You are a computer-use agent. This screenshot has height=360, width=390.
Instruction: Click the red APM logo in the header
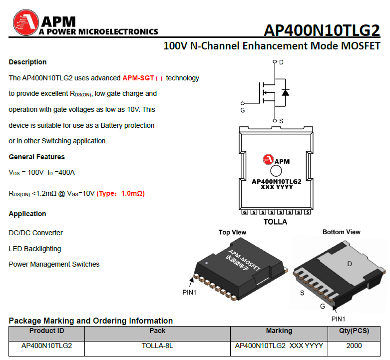[25, 24]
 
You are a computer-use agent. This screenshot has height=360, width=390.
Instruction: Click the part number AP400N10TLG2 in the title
[322, 30]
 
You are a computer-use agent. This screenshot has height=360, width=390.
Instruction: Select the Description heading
[27, 62]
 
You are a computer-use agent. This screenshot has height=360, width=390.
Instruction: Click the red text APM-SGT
[138, 78]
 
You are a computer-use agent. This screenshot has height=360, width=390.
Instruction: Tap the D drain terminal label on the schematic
[281, 62]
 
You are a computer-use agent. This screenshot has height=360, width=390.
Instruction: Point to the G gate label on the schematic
[243, 110]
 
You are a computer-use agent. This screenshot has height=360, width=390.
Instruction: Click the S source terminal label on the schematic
[281, 121]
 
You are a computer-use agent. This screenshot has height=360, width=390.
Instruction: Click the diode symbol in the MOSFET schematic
[285, 92]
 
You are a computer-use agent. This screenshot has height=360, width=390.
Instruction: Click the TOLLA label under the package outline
[276, 222]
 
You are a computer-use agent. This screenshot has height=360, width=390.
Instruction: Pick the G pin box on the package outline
[245, 212]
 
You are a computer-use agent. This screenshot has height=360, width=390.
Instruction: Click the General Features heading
[36, 157]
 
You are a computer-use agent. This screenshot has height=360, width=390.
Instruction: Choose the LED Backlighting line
[35, 249]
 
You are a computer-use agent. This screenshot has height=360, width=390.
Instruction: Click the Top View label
[232, 232]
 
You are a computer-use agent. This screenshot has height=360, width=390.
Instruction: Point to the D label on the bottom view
[350, 264]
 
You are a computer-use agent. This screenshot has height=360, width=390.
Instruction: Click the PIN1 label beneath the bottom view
[338, 319]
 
